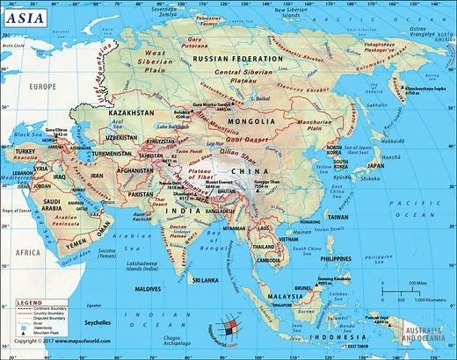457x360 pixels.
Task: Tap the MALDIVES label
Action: [147, 288]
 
